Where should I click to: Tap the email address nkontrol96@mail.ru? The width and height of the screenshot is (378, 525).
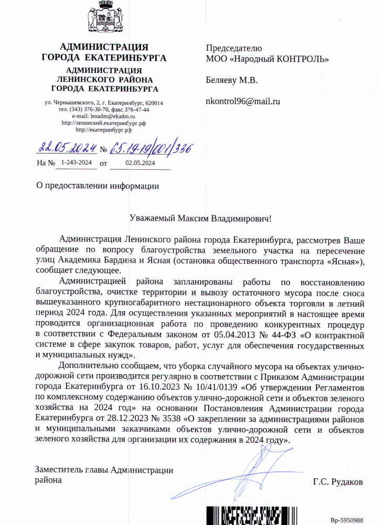coord(243,101)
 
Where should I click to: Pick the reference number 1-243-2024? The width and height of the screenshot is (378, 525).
coord(76,163)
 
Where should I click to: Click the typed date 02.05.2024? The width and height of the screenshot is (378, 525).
coord(140,163)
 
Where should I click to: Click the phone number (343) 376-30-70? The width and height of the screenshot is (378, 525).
coord(91,110)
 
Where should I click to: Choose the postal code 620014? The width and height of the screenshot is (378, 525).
coord(154,103)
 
